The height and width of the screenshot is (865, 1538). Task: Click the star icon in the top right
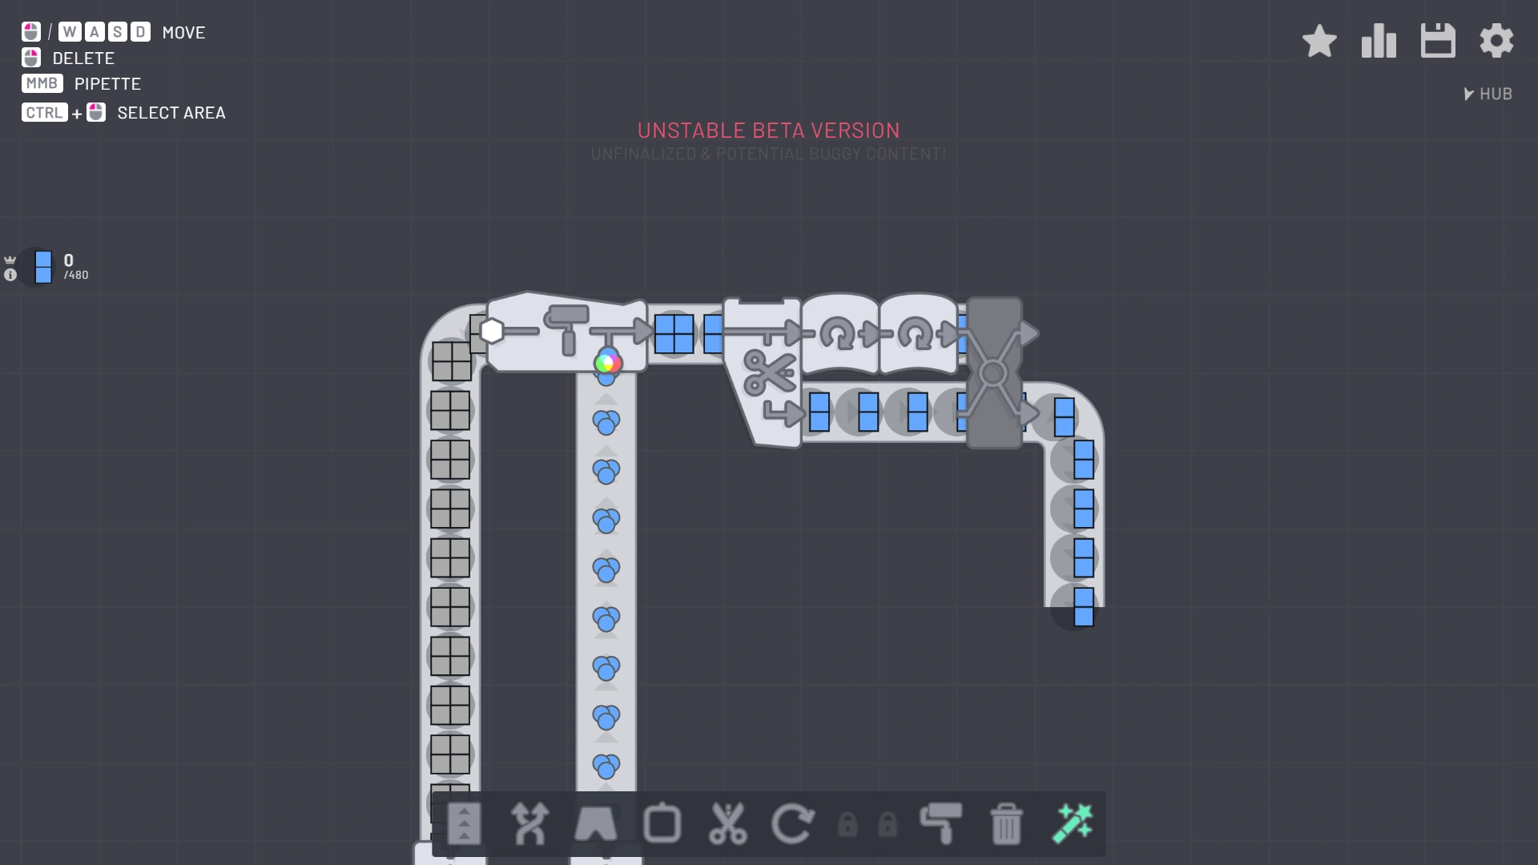click(x=1319, y=41)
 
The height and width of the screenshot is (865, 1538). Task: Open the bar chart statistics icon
click(x=1379, y=41)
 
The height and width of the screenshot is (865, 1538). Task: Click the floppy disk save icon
click(x=1438, y=41)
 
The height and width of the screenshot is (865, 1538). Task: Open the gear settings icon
click(x=1496, y=41)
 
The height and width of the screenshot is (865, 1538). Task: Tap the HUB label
click(x=1495, y=94)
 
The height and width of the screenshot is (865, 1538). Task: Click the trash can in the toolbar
click(x=1006, y=824)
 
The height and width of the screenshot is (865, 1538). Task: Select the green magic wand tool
click(x=1072, y=824)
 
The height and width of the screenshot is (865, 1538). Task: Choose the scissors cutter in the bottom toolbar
click(x=727, y=824)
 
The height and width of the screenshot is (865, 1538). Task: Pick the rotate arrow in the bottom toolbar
click(x=792, y=824)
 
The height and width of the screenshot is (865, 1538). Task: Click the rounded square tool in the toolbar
click(x=662, y=824)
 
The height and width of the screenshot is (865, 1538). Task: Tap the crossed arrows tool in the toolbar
click(x=529, y=824)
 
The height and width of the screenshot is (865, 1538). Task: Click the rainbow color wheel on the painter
click(x=607, y=363)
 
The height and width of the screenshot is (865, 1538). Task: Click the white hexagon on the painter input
click(x=491, y=331)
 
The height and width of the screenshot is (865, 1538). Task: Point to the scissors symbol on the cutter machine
click(x=767, y=372)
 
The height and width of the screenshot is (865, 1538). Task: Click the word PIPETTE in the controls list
click(x=107, y=84)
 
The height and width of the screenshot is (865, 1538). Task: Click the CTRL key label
click(x=44, y=113)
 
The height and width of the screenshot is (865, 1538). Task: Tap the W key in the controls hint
click(x=70, y=32)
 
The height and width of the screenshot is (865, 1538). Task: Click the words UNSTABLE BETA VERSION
click(x=768, y=131)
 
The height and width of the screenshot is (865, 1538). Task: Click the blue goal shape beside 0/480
click(x=43, y=267)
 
